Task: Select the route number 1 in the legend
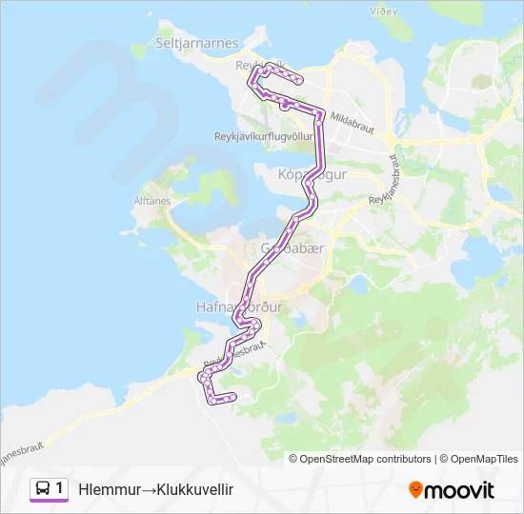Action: point(60,488)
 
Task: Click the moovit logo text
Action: point(459,490)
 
